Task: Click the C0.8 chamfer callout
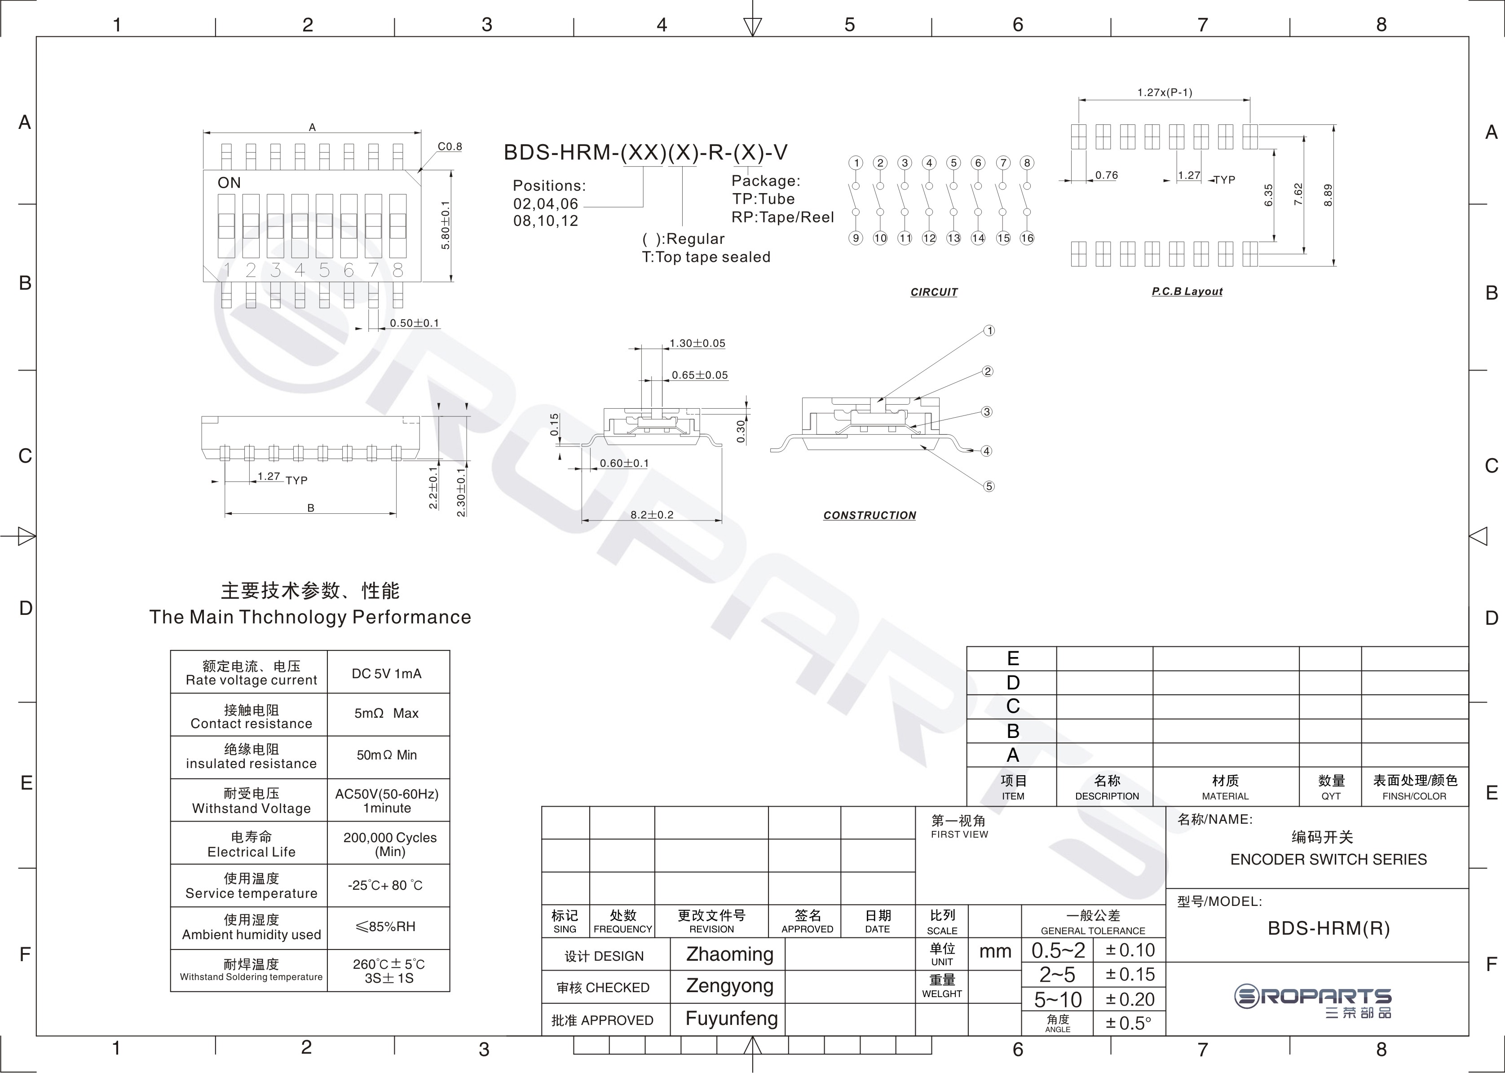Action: pos(450,147)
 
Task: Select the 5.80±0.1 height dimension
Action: pos(446,225)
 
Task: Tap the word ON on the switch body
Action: pos(229,183)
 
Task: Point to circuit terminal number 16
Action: pos(1027,238)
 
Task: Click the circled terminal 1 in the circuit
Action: pos(856,163)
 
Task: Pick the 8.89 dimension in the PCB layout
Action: pos(1328,195)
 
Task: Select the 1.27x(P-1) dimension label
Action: pos(1165,93)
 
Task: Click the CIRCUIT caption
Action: pos(934,292)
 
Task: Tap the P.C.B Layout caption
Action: pos(1187,291)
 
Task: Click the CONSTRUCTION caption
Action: pos(869,515)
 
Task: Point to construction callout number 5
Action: pos(989,486)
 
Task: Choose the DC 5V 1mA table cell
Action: pos(387,673)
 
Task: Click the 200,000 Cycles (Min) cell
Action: pos(390,844)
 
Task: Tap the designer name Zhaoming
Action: pos(729,954)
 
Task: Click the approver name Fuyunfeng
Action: pos(731,1019)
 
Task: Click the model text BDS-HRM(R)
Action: pos(1328,928)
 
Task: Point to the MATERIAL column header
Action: pos(1226,796)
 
